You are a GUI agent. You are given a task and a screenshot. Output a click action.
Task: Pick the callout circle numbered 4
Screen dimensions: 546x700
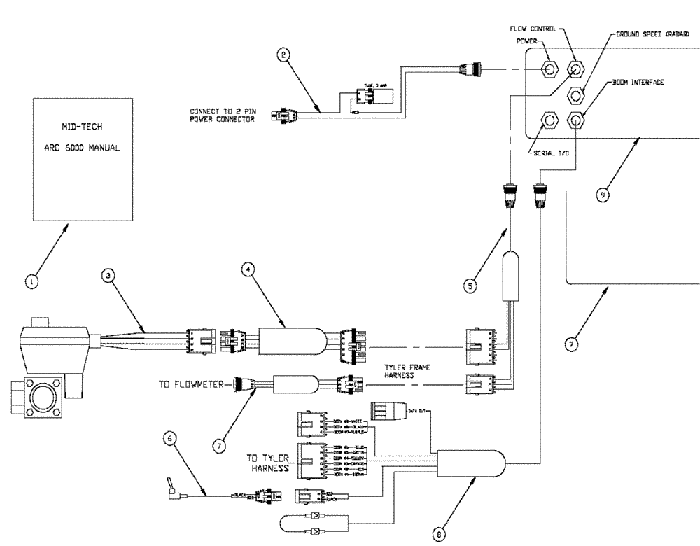pyautogui.click(x=246, y=269)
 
